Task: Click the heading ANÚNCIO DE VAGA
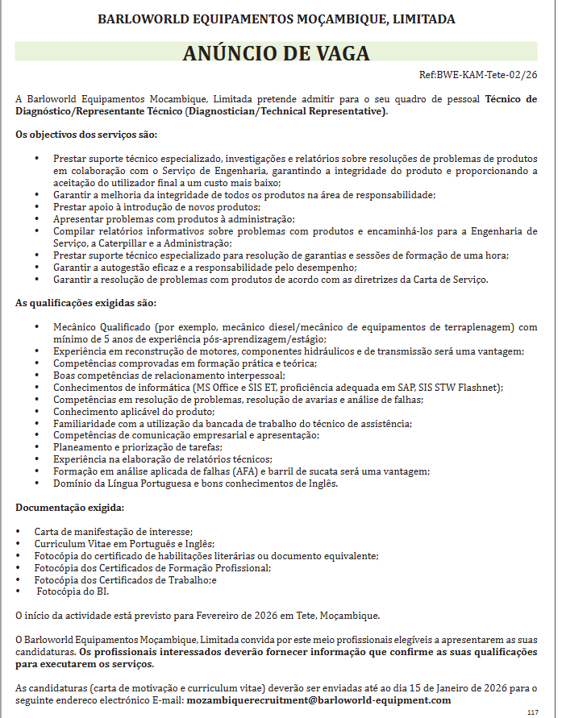276,53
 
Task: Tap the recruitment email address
318,700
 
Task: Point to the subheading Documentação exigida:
70,508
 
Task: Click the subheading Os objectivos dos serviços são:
87,134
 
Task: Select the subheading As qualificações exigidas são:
86,303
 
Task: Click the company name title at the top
276,19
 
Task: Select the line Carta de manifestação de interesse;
114,532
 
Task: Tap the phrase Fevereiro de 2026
244,616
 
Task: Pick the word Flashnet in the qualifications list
479,387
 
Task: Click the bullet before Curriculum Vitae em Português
19,544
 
